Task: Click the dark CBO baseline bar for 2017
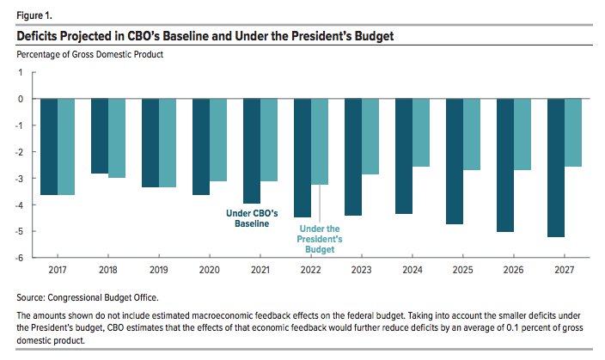point(49,146)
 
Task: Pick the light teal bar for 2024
point(420,132)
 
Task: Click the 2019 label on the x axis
point(159,269)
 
